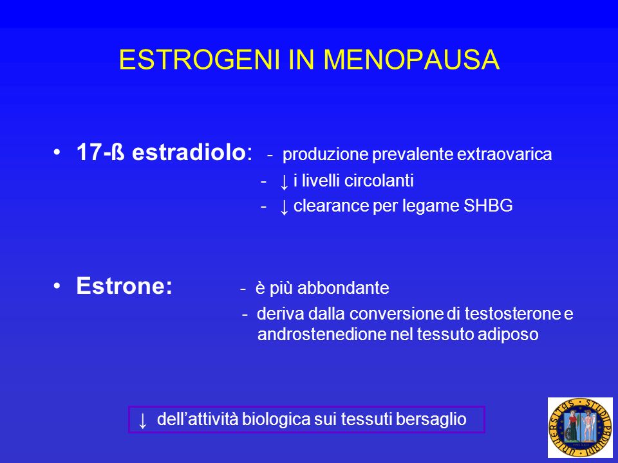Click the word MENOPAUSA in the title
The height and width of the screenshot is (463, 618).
click(411, 60)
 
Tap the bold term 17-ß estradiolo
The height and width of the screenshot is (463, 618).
click(161, 152)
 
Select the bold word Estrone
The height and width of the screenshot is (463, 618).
click(124, 286)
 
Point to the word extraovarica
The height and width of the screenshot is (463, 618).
click(505, 154)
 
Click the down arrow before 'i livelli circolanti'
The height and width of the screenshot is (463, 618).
click(284, 182)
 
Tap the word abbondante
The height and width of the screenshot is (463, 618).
click(343, 288)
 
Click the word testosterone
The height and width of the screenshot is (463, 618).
click(512, 314)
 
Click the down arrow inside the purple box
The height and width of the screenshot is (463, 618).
click(143, 421)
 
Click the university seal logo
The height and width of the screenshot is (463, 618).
click(580, 427)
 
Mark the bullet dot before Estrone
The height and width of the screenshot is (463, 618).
click(57, 286)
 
